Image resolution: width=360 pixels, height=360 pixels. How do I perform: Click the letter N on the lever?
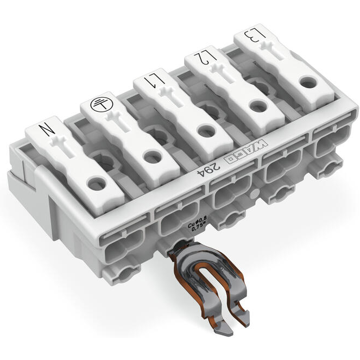coord(46,130)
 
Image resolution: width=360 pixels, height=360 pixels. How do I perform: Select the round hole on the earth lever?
coord(150,157)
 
